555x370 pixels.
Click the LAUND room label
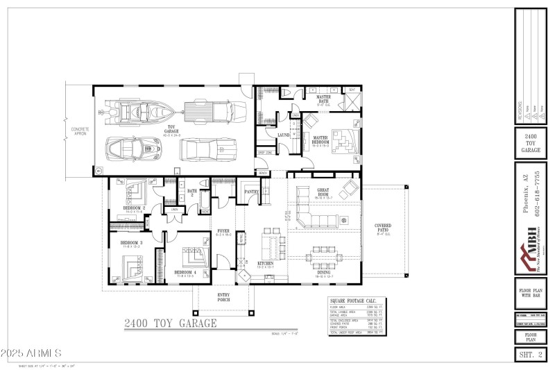tap(283, 135)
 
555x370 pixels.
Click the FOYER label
tap(223, 231)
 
